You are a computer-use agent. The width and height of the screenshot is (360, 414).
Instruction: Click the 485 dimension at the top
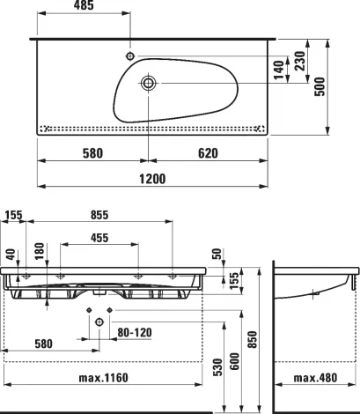coord(84,5)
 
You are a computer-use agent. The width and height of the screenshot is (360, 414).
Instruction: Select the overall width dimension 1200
coord(152,179)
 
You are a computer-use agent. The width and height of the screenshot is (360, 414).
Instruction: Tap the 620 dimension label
coord(208,153)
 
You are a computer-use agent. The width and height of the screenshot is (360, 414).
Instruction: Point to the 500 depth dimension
coord(320,86)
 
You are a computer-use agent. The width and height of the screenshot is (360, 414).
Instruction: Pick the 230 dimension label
coord(300,61)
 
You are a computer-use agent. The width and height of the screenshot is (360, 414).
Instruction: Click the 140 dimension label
coord(279,70)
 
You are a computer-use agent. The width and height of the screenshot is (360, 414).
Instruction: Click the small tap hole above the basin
coord(130,55)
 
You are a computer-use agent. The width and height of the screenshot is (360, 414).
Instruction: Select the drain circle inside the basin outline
coord(148,83)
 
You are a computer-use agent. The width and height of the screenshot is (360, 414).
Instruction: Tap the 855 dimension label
coord(99,215)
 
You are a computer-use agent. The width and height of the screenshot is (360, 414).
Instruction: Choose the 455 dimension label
coord(99,238)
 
